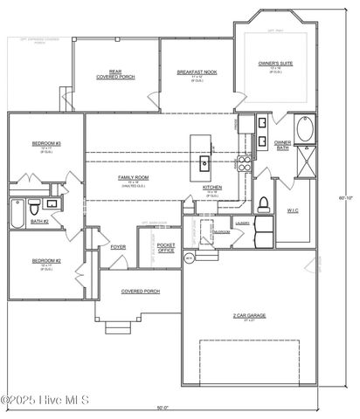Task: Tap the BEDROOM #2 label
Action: pyautogui.click(x=45, y=261)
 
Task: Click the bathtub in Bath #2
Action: pyautogui.click(x=17, y=210)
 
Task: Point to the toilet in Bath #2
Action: pyautogui.click(x=33, y=209)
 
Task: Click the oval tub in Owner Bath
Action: pyautogui.click(x=306, y=130)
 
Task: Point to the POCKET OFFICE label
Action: pyautogui.click(x=166, y=249)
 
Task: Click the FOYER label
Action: pyautogui.click(x=118, y=247)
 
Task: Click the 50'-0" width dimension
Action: pyautogui.click(x=162, y=408)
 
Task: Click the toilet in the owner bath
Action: pyautogui.click(x=263, y=205)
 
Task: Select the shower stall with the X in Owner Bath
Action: pyautogui.click(x=306, y=160)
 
